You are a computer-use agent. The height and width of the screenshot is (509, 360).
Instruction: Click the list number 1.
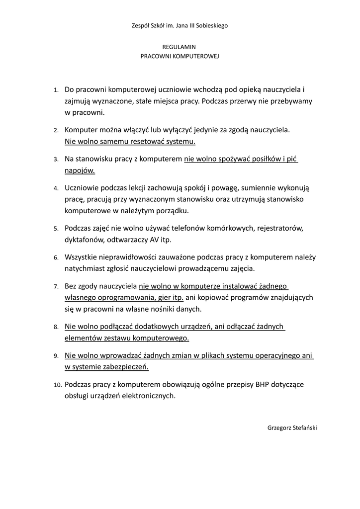pyautogui.click(x=56, y=90)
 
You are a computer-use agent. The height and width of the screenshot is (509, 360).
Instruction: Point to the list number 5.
pyautogui.click(x=56, y=229)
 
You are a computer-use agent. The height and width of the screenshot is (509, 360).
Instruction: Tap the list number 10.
pyautogui.click(x=57, y=385)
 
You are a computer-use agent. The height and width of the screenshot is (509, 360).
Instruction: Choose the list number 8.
pyautogui.click(x=56, y=328)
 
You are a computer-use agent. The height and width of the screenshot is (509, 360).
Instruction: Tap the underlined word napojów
pyautogui.click(x=80, y=170)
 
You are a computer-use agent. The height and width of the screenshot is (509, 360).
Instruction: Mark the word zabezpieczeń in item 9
pyautogui.click(x=126, y=367)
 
